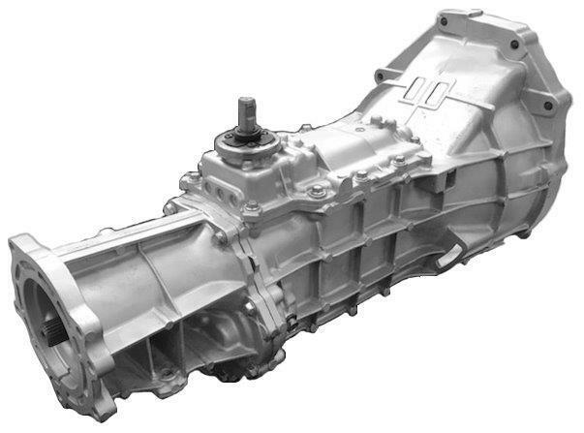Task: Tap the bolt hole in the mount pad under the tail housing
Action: coord(169,374)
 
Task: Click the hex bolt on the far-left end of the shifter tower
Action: coord(171,206)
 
